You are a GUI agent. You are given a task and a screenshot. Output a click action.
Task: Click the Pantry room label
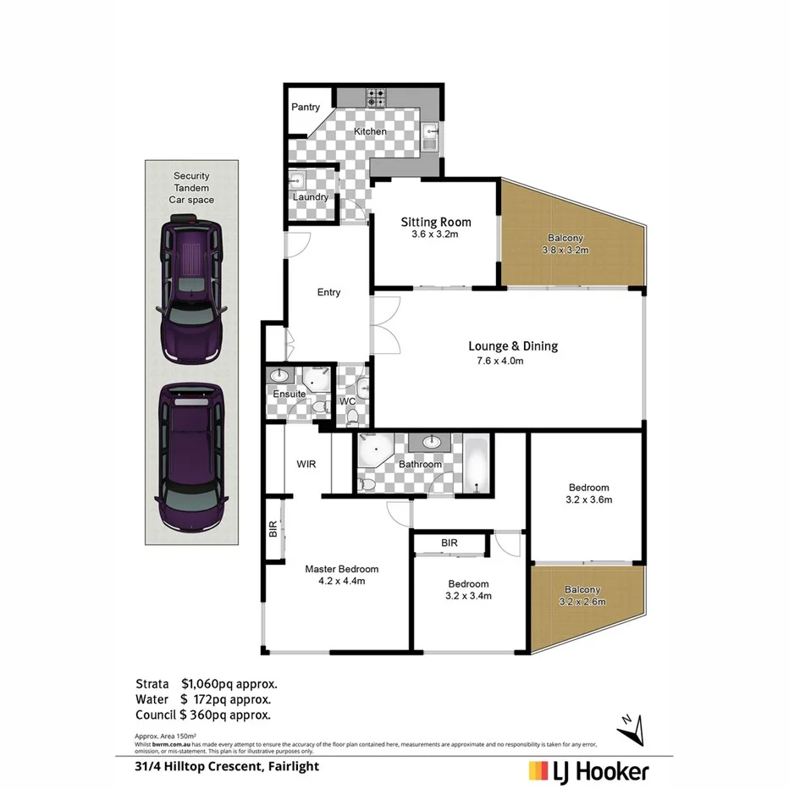[x=306, y=108]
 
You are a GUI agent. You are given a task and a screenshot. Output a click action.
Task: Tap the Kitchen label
[x=370, y=131]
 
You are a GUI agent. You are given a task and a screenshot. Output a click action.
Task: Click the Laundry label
[x=310, y=197]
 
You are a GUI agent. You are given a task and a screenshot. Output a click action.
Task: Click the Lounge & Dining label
[x=513, y=345]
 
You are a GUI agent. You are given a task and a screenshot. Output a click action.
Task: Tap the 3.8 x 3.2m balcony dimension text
[x=565, y=251]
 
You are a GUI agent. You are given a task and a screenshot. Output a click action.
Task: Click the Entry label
[x=328, y=292]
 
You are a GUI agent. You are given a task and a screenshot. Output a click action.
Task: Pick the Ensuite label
[x=289, y=394]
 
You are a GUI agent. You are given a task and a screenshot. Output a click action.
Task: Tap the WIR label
[x=306, y=464]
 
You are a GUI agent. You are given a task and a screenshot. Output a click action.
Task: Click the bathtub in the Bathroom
[x=477, y=464]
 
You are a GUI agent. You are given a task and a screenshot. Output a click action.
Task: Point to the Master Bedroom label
[x=341, y=569]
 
